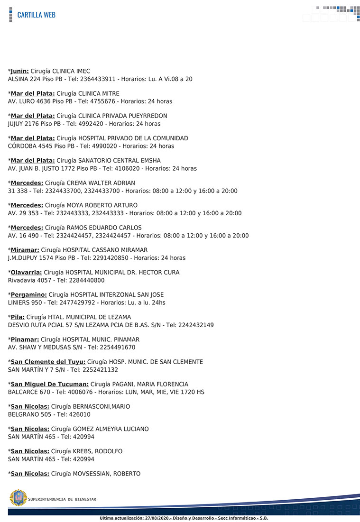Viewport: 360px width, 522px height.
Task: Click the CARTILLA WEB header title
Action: [36, 15]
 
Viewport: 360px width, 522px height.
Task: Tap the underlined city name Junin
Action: [19, 71]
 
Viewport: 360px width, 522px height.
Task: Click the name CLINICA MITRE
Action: [99, 93]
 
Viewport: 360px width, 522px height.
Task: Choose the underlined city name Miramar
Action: [25, 250]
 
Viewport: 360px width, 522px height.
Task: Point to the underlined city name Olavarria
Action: [26, 272]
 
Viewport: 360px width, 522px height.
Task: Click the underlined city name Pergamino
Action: [28, 294]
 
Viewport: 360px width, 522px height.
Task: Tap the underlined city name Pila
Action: [18, 317]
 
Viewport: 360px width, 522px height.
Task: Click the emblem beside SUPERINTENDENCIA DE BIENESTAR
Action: [18, 498]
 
